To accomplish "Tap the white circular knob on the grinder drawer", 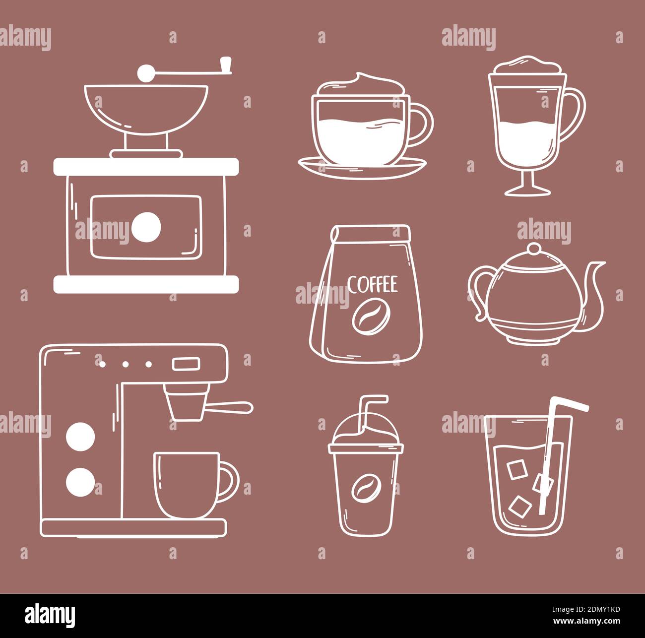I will [146, 227].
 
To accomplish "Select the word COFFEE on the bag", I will [372, 285].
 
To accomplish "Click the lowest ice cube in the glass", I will [520, 506].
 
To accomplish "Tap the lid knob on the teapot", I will [534, 248].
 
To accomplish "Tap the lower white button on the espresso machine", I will [80, 481].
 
